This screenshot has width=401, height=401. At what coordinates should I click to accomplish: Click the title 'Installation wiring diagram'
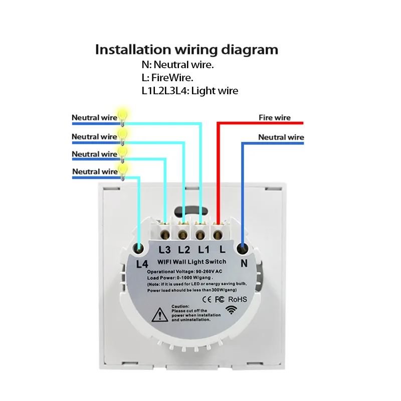186,50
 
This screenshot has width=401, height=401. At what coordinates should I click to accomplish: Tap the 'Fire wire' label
274,117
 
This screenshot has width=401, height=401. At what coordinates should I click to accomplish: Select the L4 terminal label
142,263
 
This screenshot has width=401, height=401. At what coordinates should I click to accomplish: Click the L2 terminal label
184,249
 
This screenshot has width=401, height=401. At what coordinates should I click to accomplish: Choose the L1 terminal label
203,249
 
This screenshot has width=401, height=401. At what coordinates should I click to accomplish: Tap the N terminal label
245,262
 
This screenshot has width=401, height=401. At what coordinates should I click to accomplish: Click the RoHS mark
237,299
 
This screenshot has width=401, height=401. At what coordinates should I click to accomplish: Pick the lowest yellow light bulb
121,168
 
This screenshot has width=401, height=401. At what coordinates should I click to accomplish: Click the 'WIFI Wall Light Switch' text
192,262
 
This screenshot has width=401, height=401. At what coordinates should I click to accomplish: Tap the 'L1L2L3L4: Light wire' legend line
190,91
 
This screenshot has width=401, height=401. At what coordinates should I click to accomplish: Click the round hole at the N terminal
244,248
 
